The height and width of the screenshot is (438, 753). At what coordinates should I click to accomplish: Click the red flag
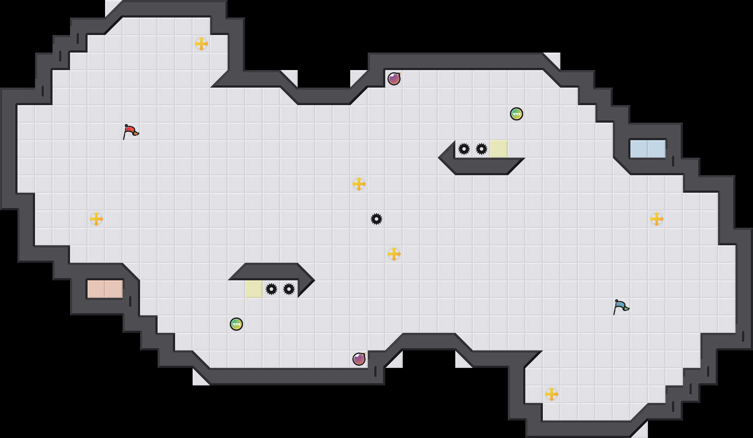click(130, 131)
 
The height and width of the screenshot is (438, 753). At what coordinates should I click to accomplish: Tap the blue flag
click(621, 307)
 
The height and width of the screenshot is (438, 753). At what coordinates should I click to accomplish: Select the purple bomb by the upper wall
click(394, 79)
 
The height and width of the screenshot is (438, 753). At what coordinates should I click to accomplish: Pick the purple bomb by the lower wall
click(359, 359)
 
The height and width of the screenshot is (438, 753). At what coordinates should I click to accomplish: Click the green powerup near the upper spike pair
click(517, 114)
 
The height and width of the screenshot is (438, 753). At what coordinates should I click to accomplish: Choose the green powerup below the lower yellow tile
click(236, 324)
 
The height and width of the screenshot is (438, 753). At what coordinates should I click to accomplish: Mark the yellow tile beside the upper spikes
click(499, 149)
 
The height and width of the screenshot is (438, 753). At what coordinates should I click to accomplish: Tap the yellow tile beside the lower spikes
click(254, 289)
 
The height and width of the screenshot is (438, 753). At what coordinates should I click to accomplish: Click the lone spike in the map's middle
click(376, 219)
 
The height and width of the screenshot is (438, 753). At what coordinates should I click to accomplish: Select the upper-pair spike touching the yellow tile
click(482, 149)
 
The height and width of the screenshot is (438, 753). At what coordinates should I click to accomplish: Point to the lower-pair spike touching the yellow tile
click(271, 289)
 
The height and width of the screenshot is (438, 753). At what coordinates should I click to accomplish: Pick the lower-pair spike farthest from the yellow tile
click(289, 289)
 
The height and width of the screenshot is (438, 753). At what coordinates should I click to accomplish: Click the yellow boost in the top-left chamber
click(201, 44)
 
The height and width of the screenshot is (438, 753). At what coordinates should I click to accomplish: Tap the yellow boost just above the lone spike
click(359, 184)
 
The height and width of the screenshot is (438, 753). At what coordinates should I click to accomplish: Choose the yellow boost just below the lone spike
click(394, 254)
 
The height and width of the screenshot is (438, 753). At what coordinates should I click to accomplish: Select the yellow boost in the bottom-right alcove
click(552, 394)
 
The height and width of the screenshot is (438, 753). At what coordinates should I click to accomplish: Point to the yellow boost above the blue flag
click(657, 219)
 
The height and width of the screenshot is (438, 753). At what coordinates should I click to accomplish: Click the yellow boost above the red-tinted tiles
click(96, 219)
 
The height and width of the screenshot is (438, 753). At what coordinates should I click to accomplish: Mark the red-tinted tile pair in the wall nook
click(105, 289)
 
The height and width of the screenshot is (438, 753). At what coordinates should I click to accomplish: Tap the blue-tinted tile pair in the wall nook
click(648, 149)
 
